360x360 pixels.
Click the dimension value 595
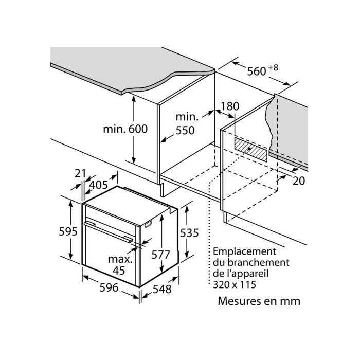pos(68,231)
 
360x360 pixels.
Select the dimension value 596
pos(109,288)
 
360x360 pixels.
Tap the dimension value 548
pos(161,289)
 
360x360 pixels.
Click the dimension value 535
pos(189,233)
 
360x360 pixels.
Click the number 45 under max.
pos(119,271)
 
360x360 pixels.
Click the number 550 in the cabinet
pos(185,131)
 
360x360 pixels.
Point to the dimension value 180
pos(230,106)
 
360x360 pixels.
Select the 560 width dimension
pos(256,72)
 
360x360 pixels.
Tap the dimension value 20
pos(300,181)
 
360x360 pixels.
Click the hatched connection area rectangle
pos(251,149)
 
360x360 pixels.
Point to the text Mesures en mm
pos(259,301)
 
